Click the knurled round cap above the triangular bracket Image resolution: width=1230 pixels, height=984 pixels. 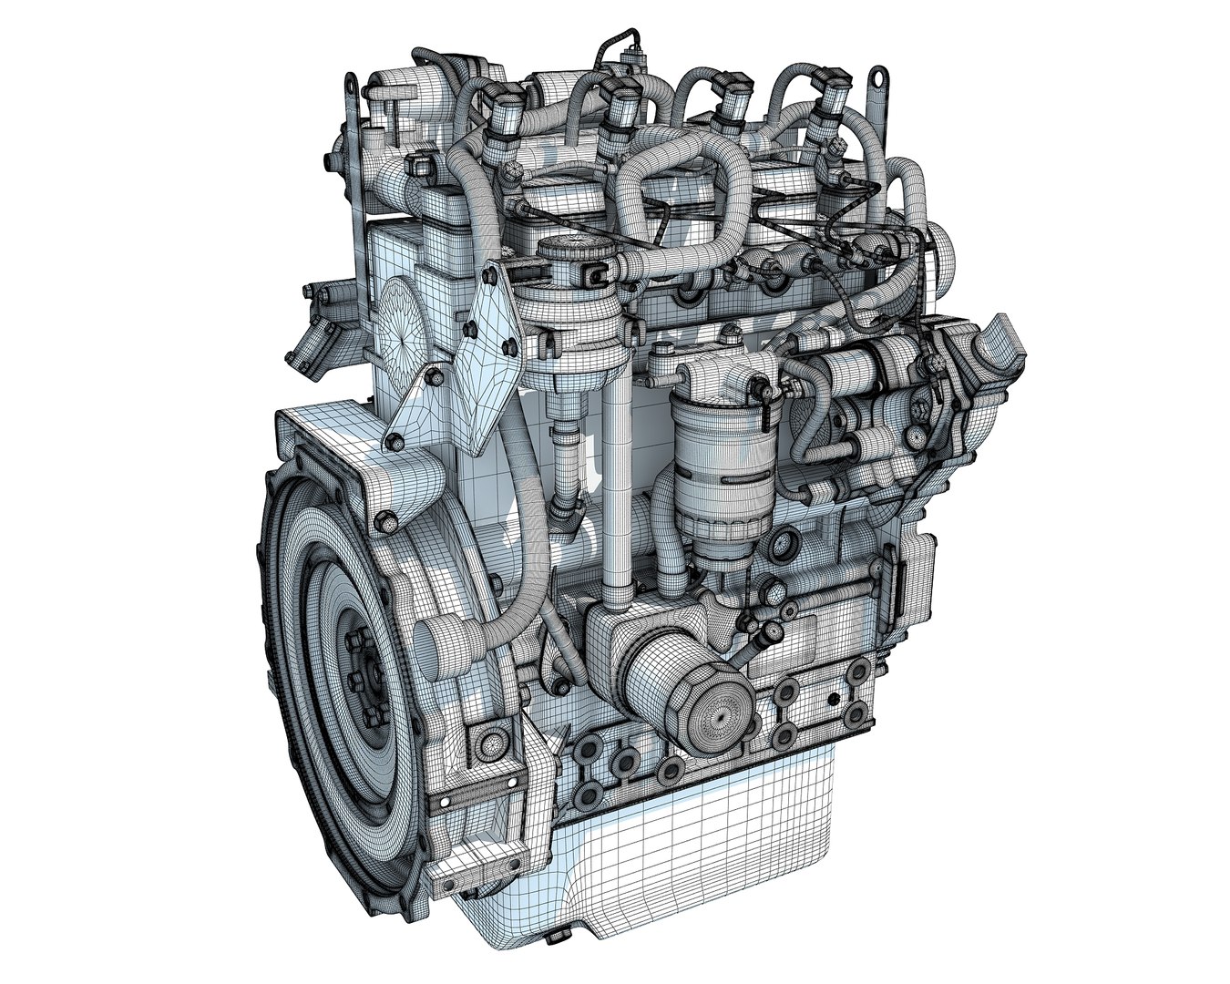point(564,251)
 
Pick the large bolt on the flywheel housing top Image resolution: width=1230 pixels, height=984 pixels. point(387,523)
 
